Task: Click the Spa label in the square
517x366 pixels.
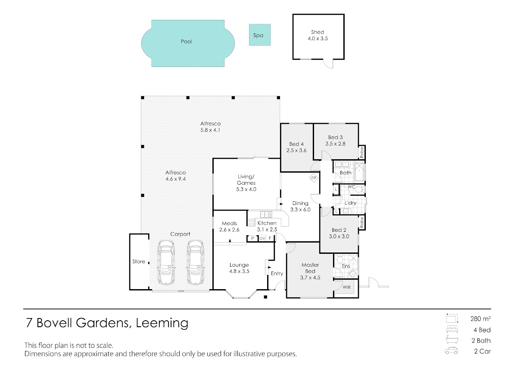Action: pyautogui.click(x=258, y=35)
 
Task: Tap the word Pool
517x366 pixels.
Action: pyautogui.click(x=186, y=41)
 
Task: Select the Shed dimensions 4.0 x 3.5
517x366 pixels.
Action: pyautogui.click(x=318, y=38)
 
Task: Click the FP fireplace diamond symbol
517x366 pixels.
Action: pyautogui.click(x=314, y=178)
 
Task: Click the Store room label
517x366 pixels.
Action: pyautogui.click(x=139, y=262)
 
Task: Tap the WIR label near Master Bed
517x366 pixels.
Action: pyautogui.click(x=346, y=287)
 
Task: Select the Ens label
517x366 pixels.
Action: pyautogui.click(x=346, y=266)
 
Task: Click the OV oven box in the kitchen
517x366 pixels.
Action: pyautogui.click(x=262, y=238)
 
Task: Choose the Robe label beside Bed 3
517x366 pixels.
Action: pyautogui.click(x=361, y=153)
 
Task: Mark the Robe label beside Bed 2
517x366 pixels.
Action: pyautogui.click(x=361, y=222)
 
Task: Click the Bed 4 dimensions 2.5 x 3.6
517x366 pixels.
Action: pyautogui.click(x=296, y=151)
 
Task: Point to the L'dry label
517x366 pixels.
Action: pyautogui.click(x=351, y=203)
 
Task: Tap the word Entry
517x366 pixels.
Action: pyautogui.click(x=277, y=274)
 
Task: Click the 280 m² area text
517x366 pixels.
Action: pyautogui.click(x=480, y=319)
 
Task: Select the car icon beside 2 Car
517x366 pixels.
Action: pyautogui.click(x=452, y=351)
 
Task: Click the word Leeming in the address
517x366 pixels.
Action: pyautogui.click(x=162, y=323)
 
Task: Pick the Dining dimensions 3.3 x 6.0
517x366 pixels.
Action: pyautogui.click(x=300, y=210)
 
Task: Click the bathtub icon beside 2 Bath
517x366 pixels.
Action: pyautogui.click(x=452, y=340)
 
